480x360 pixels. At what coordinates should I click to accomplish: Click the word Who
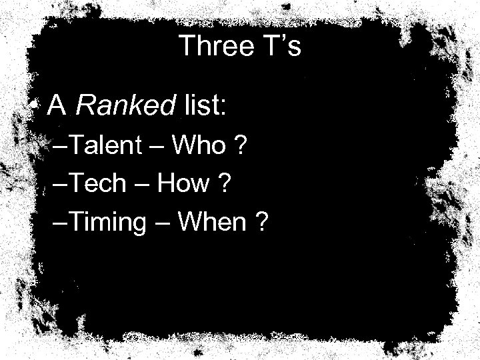tap(199, 145)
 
